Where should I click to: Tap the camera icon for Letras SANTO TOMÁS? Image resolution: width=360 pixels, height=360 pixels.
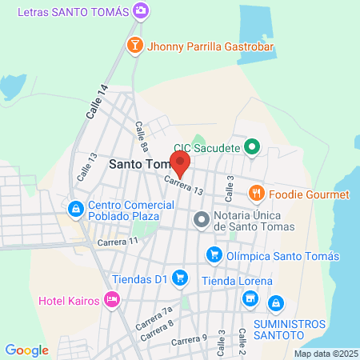point(141,10)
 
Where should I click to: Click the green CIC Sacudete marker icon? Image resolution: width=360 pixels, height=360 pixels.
point(252,146)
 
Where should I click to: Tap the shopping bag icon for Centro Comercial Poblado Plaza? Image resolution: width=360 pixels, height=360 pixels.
point(75,209)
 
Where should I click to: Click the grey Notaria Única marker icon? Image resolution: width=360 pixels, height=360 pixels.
point(201,218)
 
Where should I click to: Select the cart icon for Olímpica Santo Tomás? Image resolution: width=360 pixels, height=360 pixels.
point(214,255)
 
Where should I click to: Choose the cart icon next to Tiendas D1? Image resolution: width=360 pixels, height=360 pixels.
point(180,278)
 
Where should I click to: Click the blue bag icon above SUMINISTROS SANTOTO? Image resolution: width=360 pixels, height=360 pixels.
point(276,303)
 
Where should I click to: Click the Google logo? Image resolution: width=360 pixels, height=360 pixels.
point(26,350)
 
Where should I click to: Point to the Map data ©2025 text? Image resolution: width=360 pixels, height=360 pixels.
point(326,354)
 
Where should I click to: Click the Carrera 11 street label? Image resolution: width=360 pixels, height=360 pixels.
point(117,241)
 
